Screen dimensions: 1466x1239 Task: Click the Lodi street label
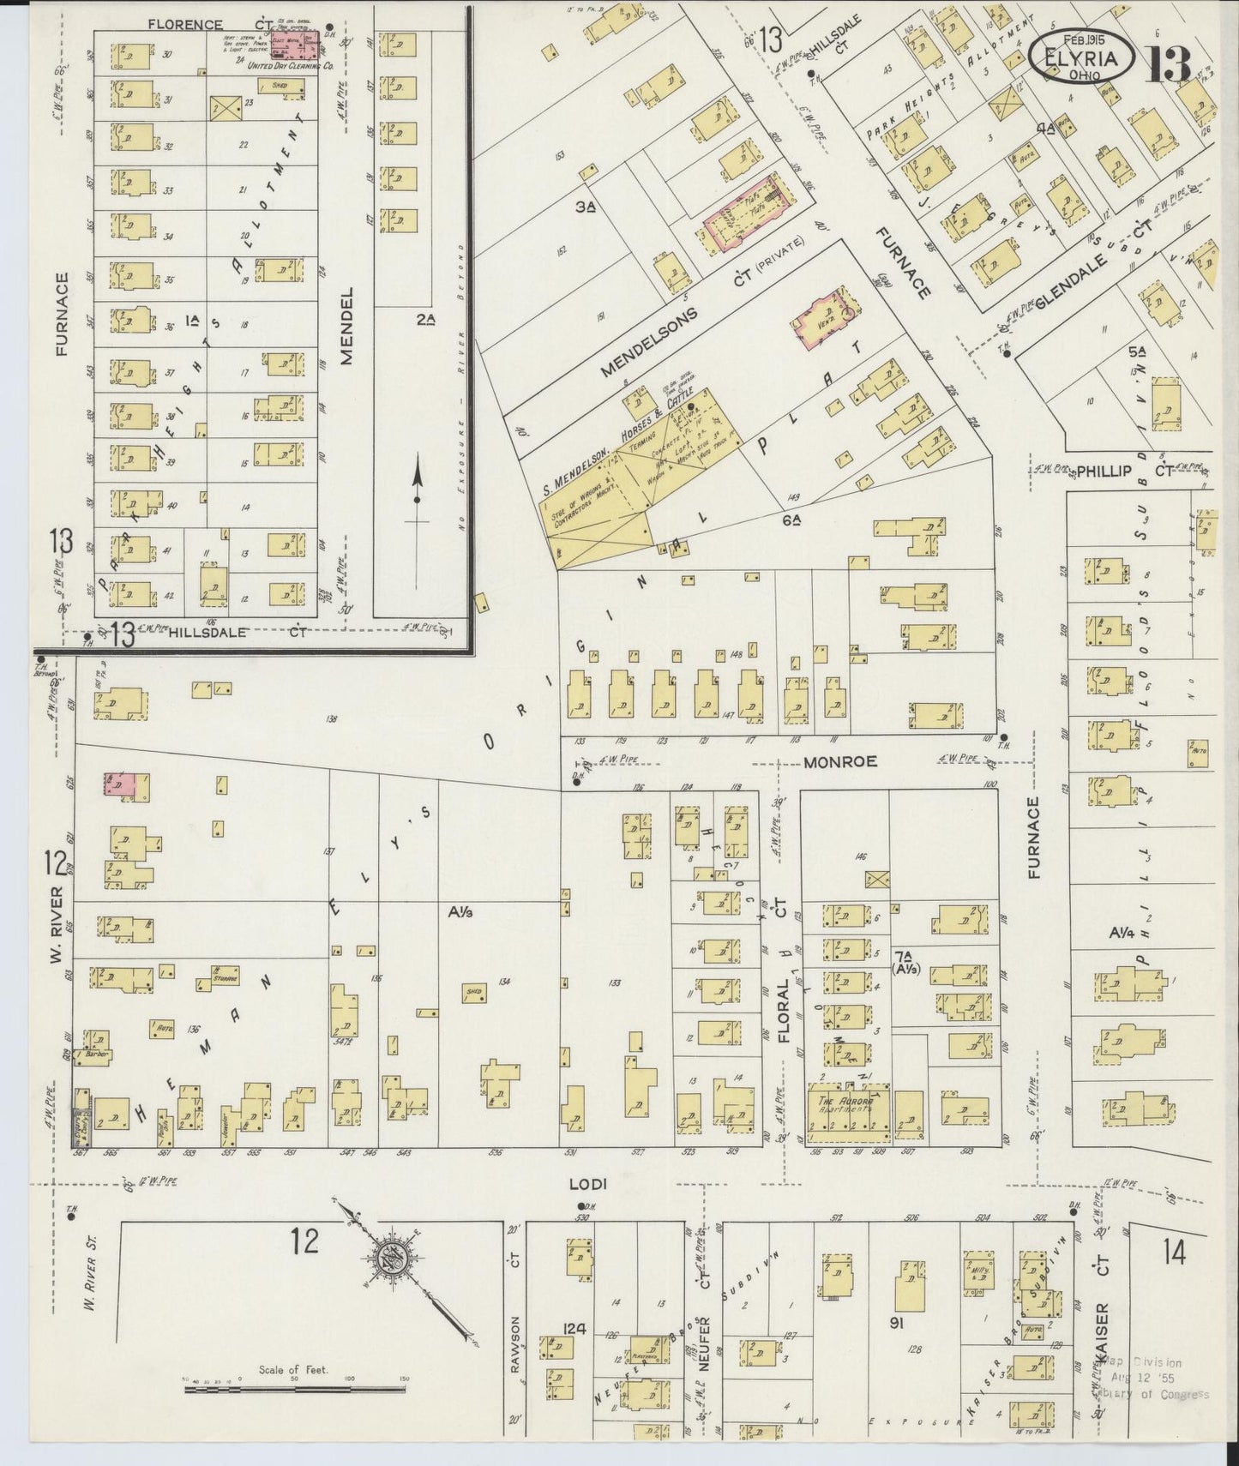588,1184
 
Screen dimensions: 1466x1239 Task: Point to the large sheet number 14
1174,1254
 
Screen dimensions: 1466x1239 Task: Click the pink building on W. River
119,784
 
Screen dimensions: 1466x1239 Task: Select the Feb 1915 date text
1083,40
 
